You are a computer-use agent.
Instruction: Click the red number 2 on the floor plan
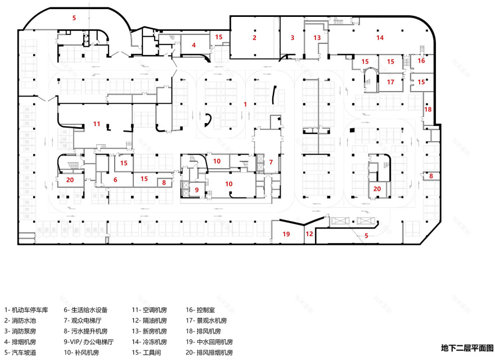[254, 38]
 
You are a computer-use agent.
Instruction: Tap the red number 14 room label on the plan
[380, 38]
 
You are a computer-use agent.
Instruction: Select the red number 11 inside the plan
[97, 123]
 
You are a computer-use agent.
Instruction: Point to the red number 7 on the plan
[271, 162]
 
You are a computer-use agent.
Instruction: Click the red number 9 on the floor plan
[197, 190]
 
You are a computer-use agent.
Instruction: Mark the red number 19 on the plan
[286, 233]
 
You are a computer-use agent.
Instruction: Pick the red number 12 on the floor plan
[309, 233]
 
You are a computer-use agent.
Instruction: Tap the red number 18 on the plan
[428, 110]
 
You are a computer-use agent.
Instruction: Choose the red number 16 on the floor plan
[421, 61]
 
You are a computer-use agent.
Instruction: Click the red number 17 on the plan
[390, 82]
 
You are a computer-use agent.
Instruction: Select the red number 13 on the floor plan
[317, 38]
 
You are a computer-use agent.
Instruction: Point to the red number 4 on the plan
[193, 44]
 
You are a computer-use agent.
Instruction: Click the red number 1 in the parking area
[245, 104]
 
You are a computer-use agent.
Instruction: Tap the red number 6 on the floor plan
[115, 179]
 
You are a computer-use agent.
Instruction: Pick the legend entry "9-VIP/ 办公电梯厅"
[89, 341]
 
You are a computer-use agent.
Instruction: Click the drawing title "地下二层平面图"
[467, 348]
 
